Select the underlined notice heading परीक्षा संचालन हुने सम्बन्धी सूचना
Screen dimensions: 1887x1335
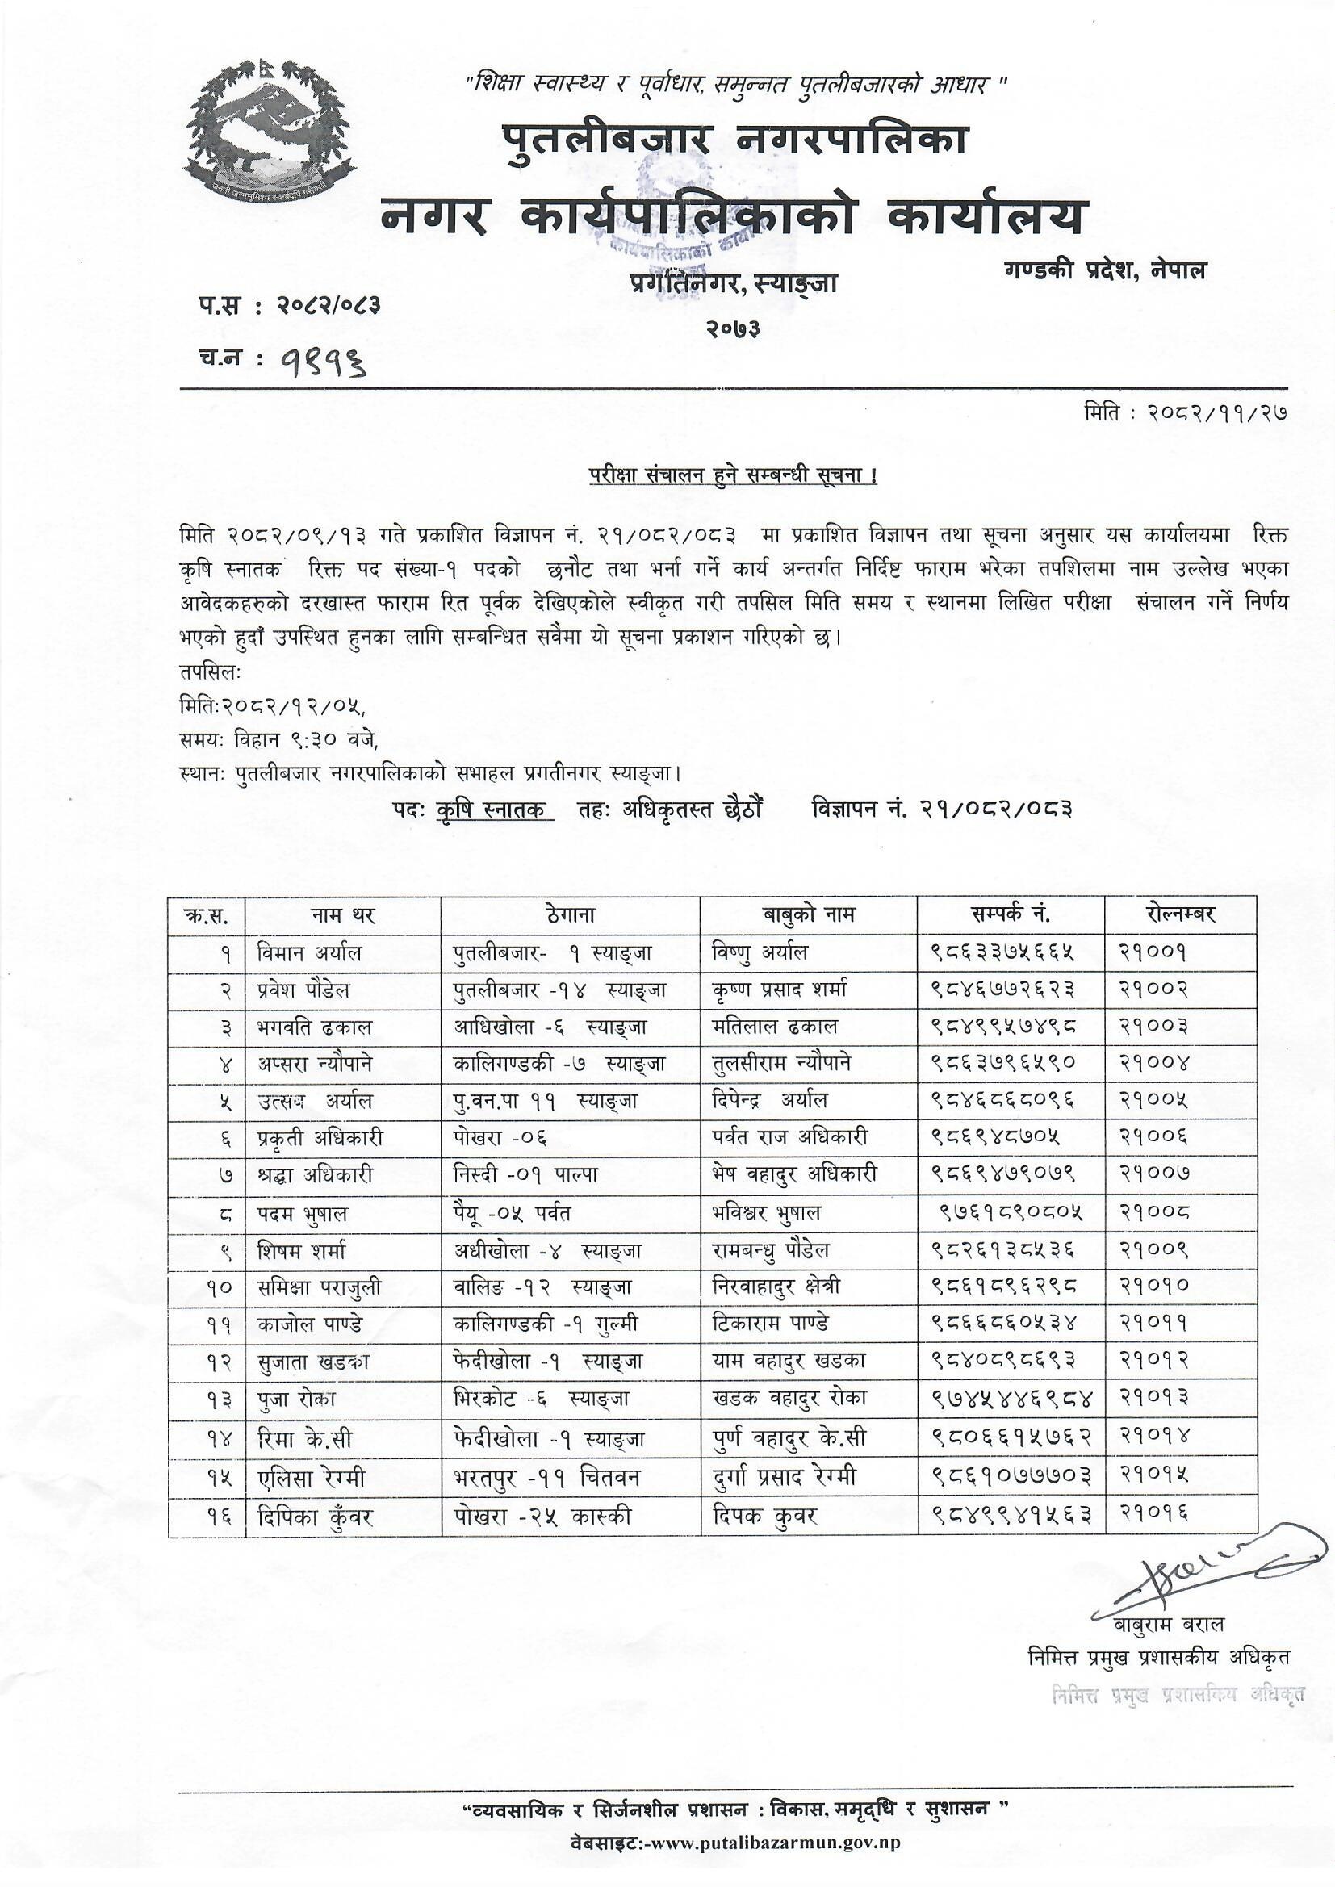pyautogui.click(x=731, y=477)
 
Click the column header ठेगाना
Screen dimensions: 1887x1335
pyautogui.click(x=570, y=914)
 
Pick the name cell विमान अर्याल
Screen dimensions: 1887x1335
pyautogui.click(x=309, y=952)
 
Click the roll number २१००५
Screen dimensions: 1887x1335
pyautogui.click(x=1153, y=1100)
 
